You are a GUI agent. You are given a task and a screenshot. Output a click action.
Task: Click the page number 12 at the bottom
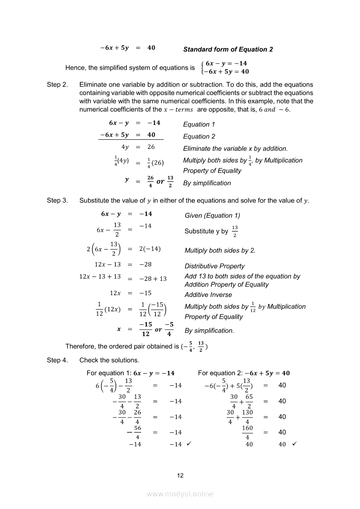click(180, 475)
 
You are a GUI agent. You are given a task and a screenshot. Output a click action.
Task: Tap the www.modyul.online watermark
click(180, 494)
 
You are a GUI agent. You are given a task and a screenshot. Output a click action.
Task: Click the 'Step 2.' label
click(57, 84)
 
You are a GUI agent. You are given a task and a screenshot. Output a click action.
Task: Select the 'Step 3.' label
click(57, 200)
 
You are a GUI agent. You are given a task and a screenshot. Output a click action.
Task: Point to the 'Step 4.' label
click(57, 360)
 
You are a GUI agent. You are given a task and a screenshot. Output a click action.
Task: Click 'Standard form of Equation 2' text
click(228, 50)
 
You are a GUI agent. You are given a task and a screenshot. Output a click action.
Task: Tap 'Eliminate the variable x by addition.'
click(235, 149)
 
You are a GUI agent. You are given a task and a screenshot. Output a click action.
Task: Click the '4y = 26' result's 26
click(151, 147)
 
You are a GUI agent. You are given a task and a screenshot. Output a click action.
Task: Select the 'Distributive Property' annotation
click(214, 266)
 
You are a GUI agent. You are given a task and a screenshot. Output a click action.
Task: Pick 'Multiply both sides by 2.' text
click(220, 250)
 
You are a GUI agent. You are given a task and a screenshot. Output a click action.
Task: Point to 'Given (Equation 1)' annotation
click(212, 216)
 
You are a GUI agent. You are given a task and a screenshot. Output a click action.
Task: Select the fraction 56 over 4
click(136, 433)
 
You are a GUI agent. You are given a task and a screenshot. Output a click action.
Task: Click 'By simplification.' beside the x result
click(209, 330)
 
